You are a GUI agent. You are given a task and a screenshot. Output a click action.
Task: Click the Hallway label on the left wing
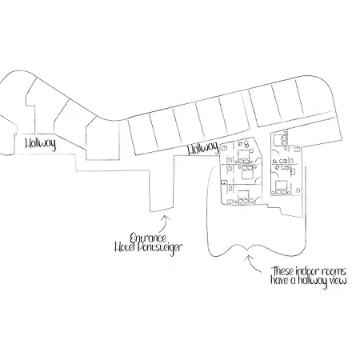pos(41,144)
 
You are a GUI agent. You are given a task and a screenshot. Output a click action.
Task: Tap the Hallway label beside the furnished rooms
pos(203,148)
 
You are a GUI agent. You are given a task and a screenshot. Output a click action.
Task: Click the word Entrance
pos(148,238)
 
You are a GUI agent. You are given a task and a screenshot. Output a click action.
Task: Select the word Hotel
pos(125,247)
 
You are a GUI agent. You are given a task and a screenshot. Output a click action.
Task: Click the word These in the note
pos(283,271)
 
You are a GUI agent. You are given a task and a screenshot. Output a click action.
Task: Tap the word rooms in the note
pos(334,272)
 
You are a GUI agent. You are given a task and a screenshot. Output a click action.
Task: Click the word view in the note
pos(338,281)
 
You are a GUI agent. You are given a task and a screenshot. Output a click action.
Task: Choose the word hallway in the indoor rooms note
pos(312,282)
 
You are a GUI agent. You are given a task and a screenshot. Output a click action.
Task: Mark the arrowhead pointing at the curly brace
pos(248,258)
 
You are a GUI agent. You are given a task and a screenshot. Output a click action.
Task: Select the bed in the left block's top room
pos(243,157)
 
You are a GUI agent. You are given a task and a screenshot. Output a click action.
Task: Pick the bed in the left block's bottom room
pos(243,197)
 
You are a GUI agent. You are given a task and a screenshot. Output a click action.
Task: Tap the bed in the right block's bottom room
pos(282,187)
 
